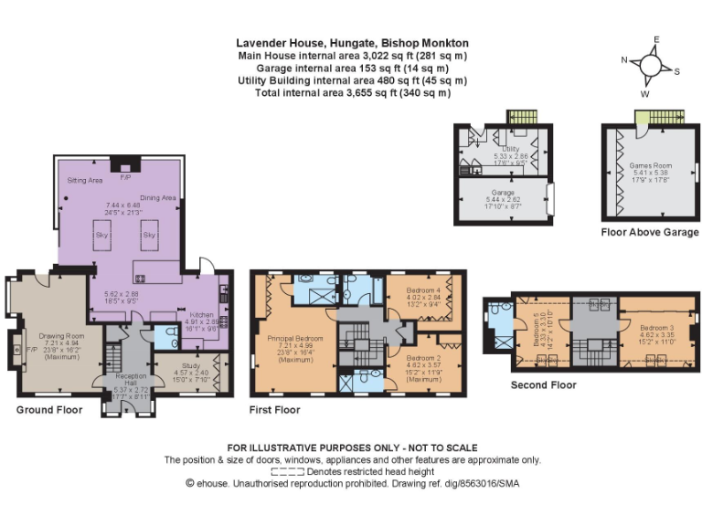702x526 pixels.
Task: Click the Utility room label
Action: pyautogui.click(x=510, y=148)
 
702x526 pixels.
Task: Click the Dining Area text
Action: pyautogui.click(x=157, y=197)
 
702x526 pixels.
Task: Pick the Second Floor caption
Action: pyautogui.click(x=544, y=385)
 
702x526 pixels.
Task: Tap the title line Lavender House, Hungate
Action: pyautogui.click(x=352, y=43)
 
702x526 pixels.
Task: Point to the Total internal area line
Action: pyautogui.click(x=352, y=93)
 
